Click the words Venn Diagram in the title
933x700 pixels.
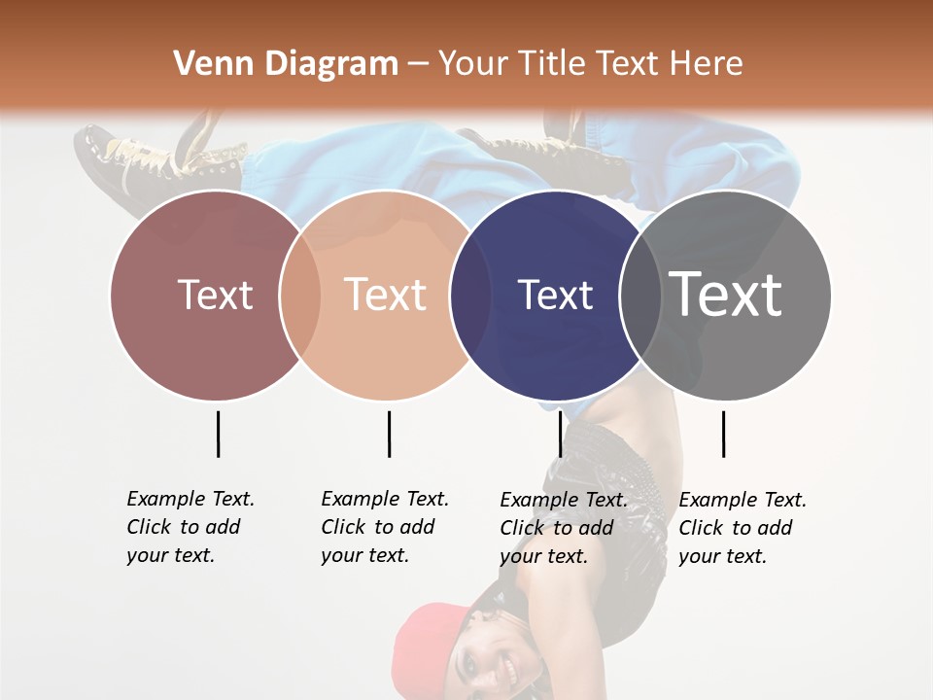click(x=286, y=64)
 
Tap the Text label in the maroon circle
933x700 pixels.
click(x=215, y=295)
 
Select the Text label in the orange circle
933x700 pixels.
click(x=386, y=295)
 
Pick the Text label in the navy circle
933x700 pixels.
click(x=555, y=295)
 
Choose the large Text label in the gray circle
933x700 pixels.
click(x=726, y=295)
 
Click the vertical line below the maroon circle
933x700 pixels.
click(x=218, y=434)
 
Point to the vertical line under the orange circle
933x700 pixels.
click(x=389, y=434)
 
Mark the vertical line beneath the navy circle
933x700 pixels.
click(x=560, y=434)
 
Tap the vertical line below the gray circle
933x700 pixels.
click(x=723, y=434)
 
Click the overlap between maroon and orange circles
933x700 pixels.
click(x=300, y=295)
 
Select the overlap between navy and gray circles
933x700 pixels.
click(x=640, y=295)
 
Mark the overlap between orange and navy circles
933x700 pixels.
click(x=470, y=295)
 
